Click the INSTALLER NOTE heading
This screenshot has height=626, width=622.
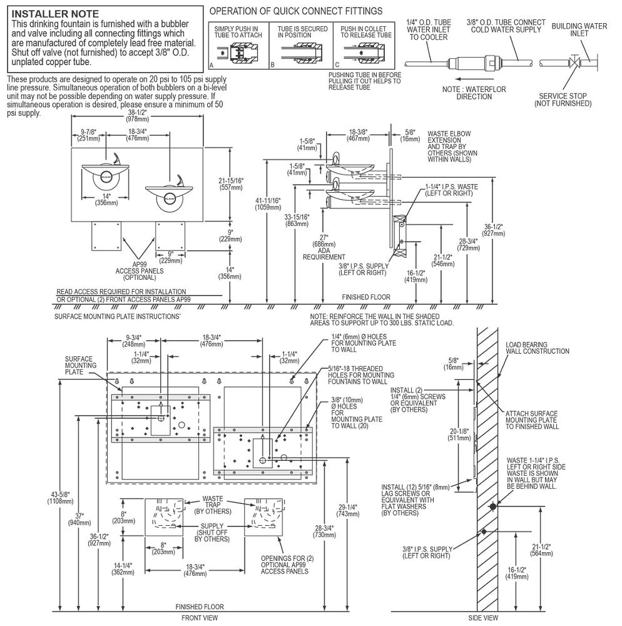tap(55, 13)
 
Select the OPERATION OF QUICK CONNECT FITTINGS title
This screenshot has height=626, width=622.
tap(296, 11)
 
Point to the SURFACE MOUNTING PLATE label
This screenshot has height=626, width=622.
tap(81, 365)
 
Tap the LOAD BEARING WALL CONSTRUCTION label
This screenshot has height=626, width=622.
tap(537, 347)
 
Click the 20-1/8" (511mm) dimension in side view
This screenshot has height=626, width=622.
tap(456, 434)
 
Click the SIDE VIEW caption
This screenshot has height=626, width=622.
tap(482, 617)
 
